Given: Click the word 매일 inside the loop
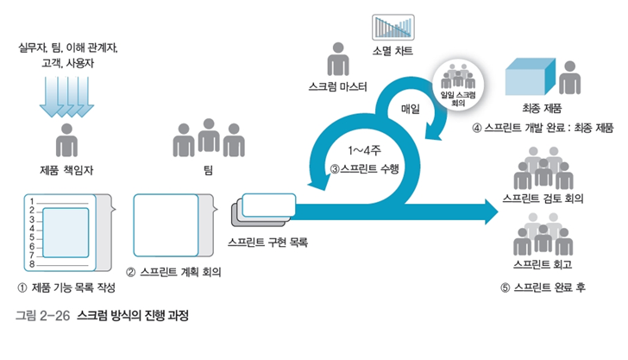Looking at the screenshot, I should click(x=410, y=110).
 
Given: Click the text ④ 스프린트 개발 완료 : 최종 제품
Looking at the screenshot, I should click(x=543, y=129).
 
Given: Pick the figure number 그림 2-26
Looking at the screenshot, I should click(x=42, y=315).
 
